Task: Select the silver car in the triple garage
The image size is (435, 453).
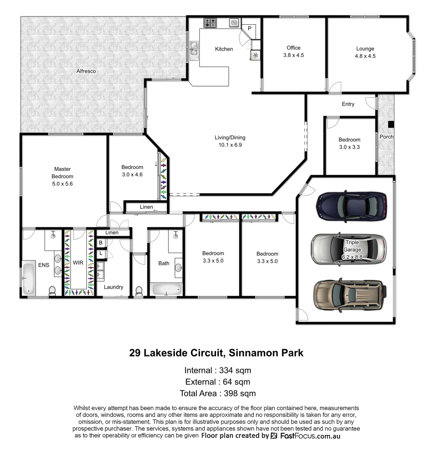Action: tap(348, 249)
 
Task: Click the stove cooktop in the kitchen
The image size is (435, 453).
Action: tap(210, 23)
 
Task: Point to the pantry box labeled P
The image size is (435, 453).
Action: tap(250, 29)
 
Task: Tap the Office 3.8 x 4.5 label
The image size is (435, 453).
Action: tap(293, 51)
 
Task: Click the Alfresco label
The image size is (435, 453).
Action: tap(86, 71)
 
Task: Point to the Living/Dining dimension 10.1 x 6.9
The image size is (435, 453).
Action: tap(230, 145)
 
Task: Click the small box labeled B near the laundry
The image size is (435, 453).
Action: tap(101, 242)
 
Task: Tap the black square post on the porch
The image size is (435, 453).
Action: tap(391, 124)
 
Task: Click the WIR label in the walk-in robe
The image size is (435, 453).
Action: tap(78, 263)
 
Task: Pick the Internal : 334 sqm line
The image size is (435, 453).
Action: tap(217, 370)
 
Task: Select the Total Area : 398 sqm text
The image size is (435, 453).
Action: tap(217, 393)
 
